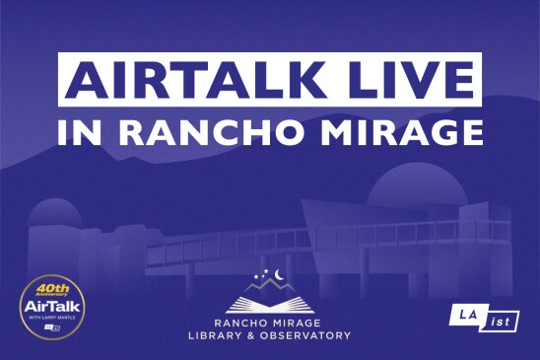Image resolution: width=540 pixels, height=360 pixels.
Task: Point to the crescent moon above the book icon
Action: pyautogui.click(x=280, y=275)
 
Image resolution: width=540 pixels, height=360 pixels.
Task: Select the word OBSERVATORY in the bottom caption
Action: pyautogui.click(x=306, y=335)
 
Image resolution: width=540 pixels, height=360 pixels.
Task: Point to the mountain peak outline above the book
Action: pyautogui.click(x=269, y=286)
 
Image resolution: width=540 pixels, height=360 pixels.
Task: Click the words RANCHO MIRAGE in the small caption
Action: pyautogui.click(x=269, y=322)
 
